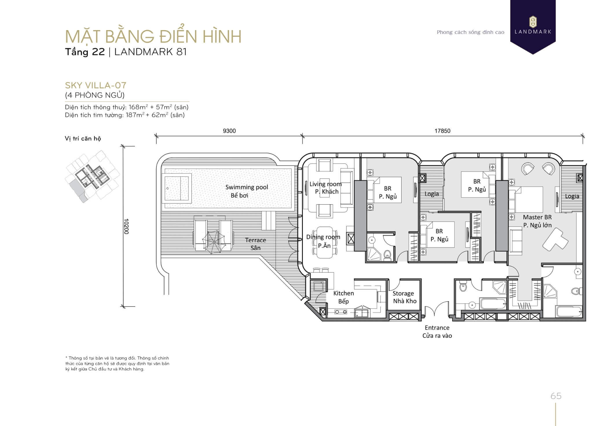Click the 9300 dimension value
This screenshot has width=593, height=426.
229,131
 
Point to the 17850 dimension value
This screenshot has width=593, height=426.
442,131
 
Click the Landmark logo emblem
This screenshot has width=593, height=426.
533,22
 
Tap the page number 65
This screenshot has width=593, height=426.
556,396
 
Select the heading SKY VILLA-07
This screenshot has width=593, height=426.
96,85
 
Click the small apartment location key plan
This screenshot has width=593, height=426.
92,176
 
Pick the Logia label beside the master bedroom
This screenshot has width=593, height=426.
572,196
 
